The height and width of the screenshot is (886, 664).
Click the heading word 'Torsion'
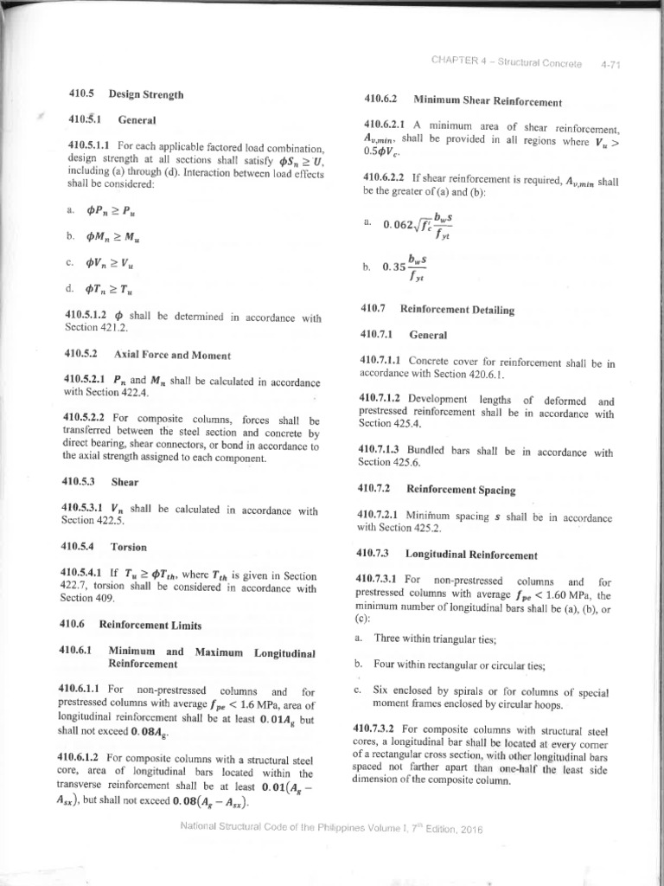[x=129, y=547]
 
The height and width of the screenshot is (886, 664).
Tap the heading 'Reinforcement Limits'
[x=151, y=624]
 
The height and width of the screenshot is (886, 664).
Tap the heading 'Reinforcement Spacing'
[x=461, y=490]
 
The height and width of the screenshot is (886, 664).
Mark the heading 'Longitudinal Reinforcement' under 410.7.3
[x=471, y=555]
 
